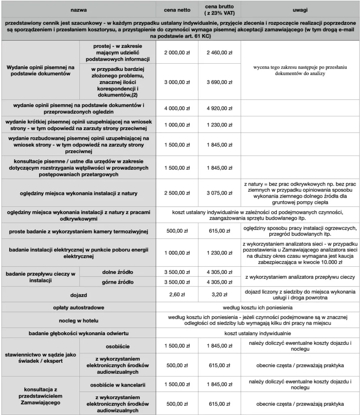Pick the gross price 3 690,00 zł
coord(219,82)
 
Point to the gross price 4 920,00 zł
coord(219,108)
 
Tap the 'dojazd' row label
coord(79,295)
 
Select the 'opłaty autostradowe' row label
coord(79,308)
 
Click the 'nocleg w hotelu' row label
coord(79,321)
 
